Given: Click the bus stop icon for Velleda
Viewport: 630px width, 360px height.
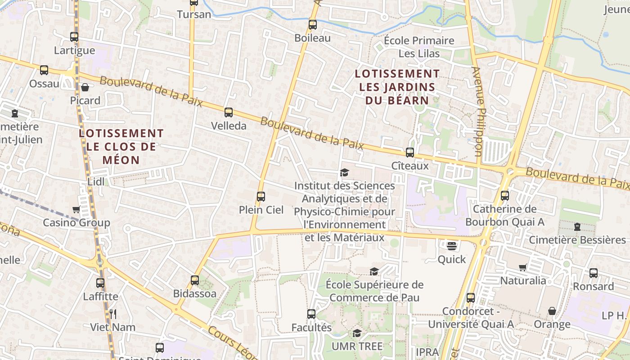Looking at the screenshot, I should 229,112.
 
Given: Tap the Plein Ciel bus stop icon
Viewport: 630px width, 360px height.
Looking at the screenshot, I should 261,196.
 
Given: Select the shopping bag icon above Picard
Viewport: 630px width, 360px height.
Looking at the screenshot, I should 85,87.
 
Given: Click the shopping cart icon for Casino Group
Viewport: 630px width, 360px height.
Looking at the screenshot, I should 76,209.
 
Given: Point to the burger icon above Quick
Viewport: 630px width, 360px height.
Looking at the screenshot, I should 452,246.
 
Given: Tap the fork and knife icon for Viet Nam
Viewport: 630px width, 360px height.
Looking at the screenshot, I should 112,314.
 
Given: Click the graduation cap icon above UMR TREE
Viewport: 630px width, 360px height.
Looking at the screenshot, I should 357,333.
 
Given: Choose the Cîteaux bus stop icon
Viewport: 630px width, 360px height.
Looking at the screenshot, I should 409,153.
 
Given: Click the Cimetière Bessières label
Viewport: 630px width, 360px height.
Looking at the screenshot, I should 577,240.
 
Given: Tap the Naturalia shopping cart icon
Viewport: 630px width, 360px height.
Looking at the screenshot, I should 523,268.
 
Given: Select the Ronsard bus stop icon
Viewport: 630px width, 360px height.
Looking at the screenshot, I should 594,273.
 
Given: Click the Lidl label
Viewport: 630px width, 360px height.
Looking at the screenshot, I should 96,181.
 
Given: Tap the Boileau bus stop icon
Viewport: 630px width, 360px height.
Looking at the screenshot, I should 313,25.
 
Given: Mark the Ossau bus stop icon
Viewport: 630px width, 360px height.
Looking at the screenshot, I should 44,70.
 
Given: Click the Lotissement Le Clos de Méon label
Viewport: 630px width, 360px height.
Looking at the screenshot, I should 121,146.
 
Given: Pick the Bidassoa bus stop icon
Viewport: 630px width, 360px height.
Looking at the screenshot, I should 195,280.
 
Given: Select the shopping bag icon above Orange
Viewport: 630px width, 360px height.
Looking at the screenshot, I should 552,311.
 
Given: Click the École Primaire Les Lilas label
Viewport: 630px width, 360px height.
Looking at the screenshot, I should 419,47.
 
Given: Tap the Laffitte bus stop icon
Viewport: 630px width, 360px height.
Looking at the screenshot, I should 100,283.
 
